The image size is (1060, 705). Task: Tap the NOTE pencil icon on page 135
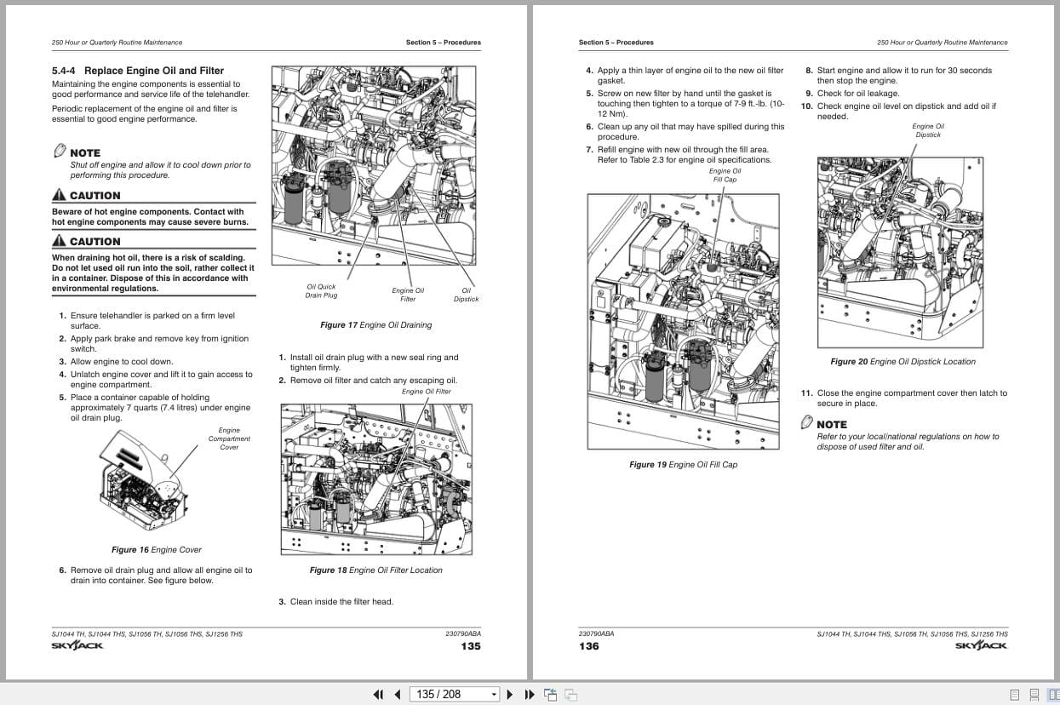[60, 151]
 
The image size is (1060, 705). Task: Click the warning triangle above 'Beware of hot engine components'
[59, 195]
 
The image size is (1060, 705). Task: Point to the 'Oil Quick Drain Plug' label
[321, 291]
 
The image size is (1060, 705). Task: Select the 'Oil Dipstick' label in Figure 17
[466, 295]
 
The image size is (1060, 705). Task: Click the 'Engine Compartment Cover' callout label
[229, 438]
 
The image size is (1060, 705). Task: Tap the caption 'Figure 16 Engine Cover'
[157, 550]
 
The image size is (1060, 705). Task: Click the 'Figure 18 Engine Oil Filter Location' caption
[375, 570]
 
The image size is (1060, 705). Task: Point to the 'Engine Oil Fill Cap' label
[725, 175]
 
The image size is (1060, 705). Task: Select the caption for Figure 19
[683, 465]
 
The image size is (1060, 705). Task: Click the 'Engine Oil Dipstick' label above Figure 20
[928, 130]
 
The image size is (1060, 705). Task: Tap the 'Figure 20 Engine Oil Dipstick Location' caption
[902, 362]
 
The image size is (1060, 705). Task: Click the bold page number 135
[470, 646]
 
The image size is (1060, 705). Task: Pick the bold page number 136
[589, 646]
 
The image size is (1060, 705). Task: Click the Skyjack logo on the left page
[77, 645]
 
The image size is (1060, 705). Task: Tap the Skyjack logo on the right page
[981, 645]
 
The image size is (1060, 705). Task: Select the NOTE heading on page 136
[831, 424]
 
